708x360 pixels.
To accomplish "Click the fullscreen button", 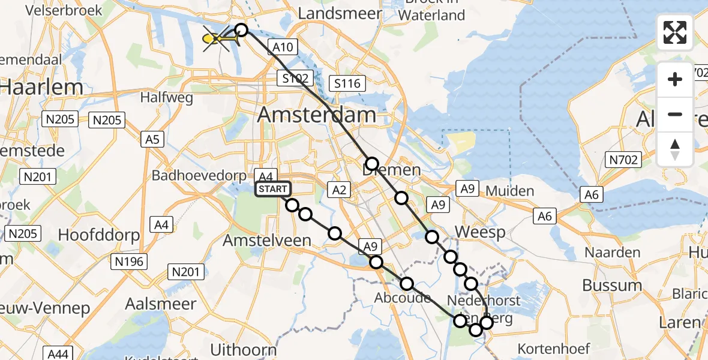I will tap(675, 32).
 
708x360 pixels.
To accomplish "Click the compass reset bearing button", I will tap(675, 149).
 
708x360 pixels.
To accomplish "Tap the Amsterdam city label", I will tap(317, 115).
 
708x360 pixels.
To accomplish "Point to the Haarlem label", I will tap(41, 87).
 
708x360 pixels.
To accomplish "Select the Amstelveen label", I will tap(267, 241).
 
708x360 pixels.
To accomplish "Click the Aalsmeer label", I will tap(152, 304).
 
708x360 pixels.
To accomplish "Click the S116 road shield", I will tap(347, 83).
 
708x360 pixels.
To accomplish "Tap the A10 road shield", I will tap(282, 47).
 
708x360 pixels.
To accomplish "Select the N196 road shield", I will tap(130, 261).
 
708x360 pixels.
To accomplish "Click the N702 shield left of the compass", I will tap(624, 159).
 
